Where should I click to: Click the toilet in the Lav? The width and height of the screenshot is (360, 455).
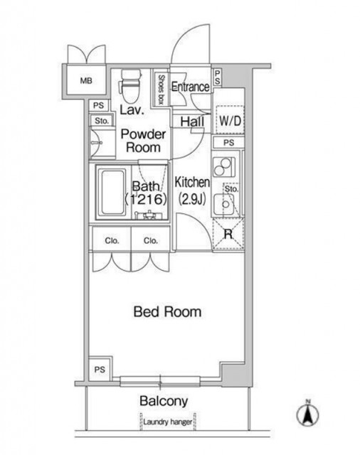130,86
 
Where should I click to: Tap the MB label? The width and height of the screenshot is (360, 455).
86,80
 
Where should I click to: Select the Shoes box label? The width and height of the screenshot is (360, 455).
161,90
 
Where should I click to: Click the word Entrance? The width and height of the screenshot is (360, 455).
190,87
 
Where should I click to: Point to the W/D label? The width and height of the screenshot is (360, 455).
231,121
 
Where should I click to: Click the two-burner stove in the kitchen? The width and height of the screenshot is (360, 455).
224,167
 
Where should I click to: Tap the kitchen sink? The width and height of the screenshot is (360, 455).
224,204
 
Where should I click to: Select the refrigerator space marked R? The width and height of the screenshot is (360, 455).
228,234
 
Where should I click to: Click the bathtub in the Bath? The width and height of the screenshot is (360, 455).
112,192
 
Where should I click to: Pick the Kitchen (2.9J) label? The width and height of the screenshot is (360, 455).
192,191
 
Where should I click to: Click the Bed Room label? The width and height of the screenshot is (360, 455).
167,311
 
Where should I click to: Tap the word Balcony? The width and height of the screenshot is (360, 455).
164,401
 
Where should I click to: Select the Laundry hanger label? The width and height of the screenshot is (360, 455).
167,422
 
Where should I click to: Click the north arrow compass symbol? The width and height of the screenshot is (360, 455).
308,414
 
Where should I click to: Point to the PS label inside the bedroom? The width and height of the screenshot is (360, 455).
100,370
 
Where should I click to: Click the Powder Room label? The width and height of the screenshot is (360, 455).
144,141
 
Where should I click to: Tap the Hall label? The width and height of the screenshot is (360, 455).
192,122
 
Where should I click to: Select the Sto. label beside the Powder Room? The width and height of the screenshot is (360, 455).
102,121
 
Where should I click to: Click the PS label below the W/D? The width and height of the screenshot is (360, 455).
229,142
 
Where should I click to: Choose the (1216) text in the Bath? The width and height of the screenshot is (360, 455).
146,199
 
